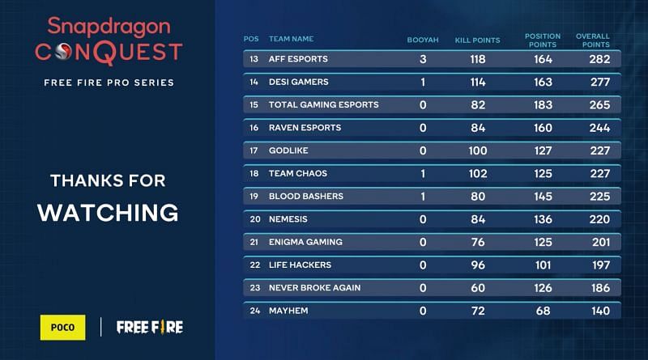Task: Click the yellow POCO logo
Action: pyautogui.click(x=62, y=327)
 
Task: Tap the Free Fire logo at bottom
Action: pyautogui.click(x=150, y=327)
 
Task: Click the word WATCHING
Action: pyautogui.click(x=108, y=212)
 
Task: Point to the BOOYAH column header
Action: pyautogui.click(x=423, y=40)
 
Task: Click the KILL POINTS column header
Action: pyautogui.click(x=477, y=40)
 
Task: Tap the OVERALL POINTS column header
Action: pyautogui.click(x=593, y=40)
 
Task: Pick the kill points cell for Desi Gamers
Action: pyautogui.click(x=477, y=82)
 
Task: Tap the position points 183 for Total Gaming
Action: pyautogui.click(x=543, y=105)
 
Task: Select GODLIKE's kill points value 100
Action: pyautogui.click(x=477, y=150)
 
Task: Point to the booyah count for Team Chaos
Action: pyautogui.click(x=423, y=173)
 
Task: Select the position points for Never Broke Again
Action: pyautogui.click(x=543, y=287)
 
